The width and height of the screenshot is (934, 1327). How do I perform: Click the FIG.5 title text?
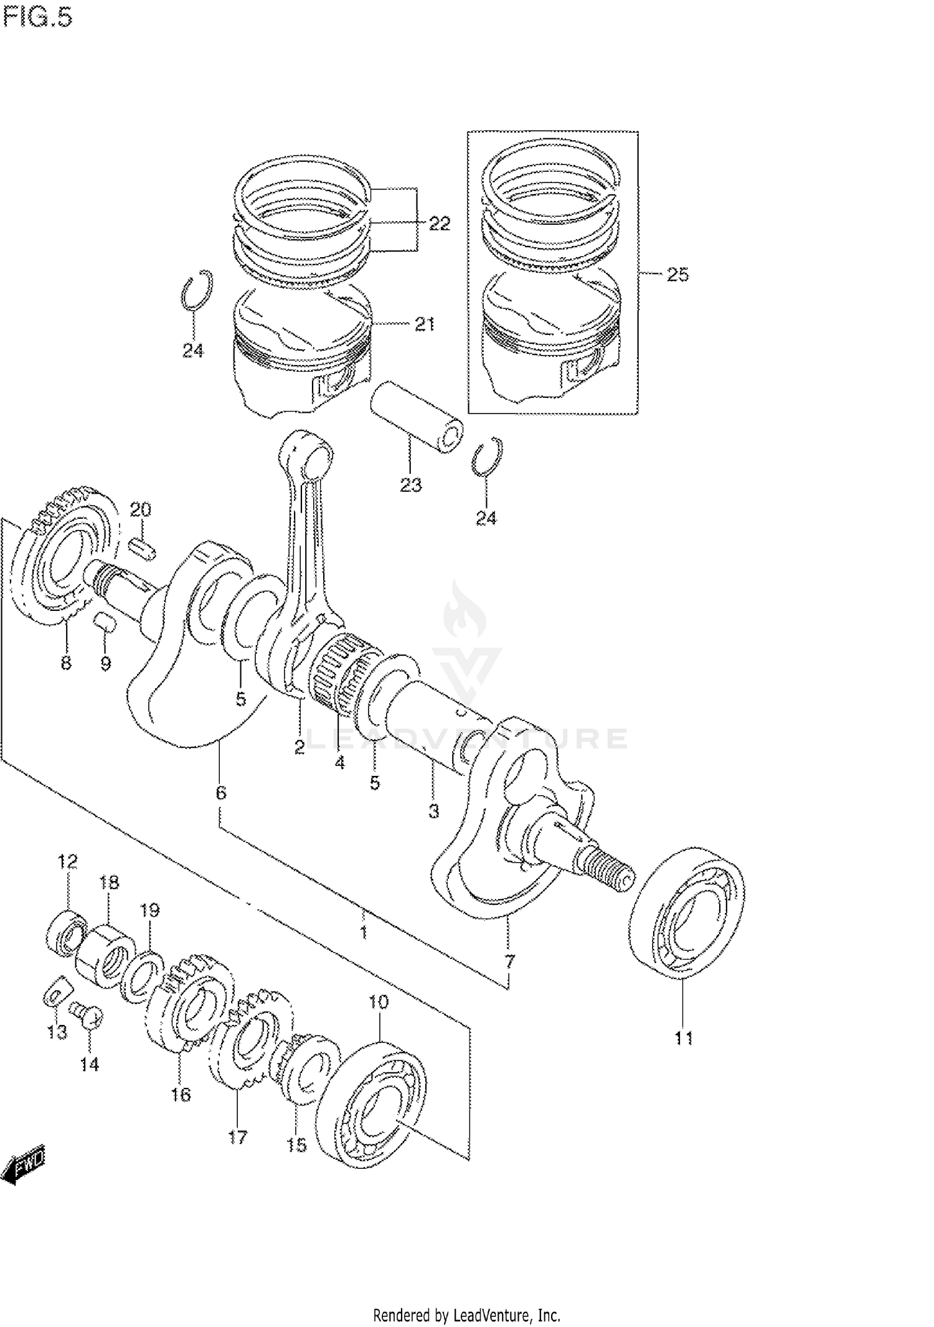pyautogui.click(x=37, y=18)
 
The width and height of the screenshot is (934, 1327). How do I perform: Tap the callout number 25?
pyautogui.click(x=677, y=275)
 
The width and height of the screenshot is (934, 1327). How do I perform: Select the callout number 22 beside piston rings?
pyautogui.click(x=439, y=224)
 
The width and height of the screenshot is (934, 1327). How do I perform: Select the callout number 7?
pyautogui.click(x=509, y=961)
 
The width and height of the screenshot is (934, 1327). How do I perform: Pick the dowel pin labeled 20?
pyautogui.click(x=143, y=549)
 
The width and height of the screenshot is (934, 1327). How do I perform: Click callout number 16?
pyautogui.click(x=181, y=1094)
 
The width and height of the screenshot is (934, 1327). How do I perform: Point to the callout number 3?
pyautogui.click(x=433, y=811)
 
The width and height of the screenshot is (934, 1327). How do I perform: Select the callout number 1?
pyautogui.click(x=364, y=932)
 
